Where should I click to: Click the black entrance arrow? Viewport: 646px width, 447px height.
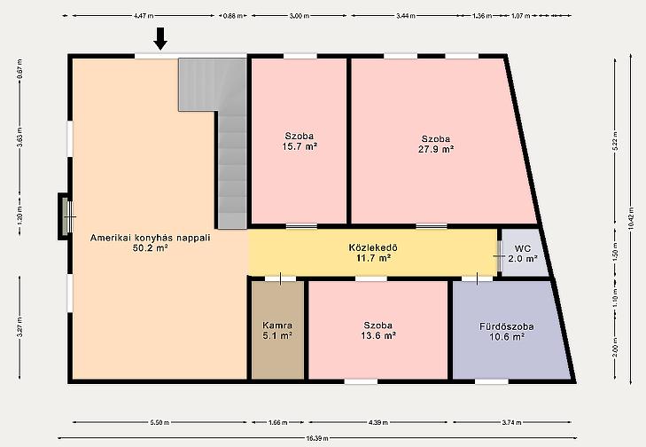click(x=160, y=38)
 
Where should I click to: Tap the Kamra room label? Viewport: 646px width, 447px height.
click(x=277, y=330)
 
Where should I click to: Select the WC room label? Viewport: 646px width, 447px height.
click(x=523, y=254)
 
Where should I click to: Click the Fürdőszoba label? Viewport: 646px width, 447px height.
click(x=507, y=332)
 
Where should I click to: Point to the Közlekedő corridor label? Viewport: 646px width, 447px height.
click(x=373, y=253)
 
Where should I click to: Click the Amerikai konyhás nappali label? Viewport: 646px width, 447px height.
click(x=151, y=242)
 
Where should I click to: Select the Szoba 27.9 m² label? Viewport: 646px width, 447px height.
click(x=436, y=144)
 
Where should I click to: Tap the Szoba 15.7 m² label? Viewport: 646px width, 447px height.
click(x=300, y=141)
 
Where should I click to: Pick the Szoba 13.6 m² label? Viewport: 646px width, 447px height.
click(x=378, y=330)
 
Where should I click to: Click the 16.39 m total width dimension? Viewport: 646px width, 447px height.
click(x=317, y=438)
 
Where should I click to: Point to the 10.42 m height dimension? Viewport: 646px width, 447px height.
click(x=631, y=218)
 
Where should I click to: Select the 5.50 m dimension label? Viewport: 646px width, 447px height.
click(x=160, y=422)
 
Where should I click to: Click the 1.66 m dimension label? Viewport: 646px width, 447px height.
click(x=278, y=422)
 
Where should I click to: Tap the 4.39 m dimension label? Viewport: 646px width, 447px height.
click(x=378, y=422)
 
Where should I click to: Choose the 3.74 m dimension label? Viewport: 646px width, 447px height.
click(x=512, y=422)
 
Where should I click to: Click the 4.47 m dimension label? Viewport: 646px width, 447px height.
click(x=144, y=16)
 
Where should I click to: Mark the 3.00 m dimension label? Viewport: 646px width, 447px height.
click(x=300, y=16)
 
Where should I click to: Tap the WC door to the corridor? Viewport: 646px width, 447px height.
click(x=499, y=256)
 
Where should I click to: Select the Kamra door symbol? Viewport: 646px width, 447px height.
click(x=280, y=278)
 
